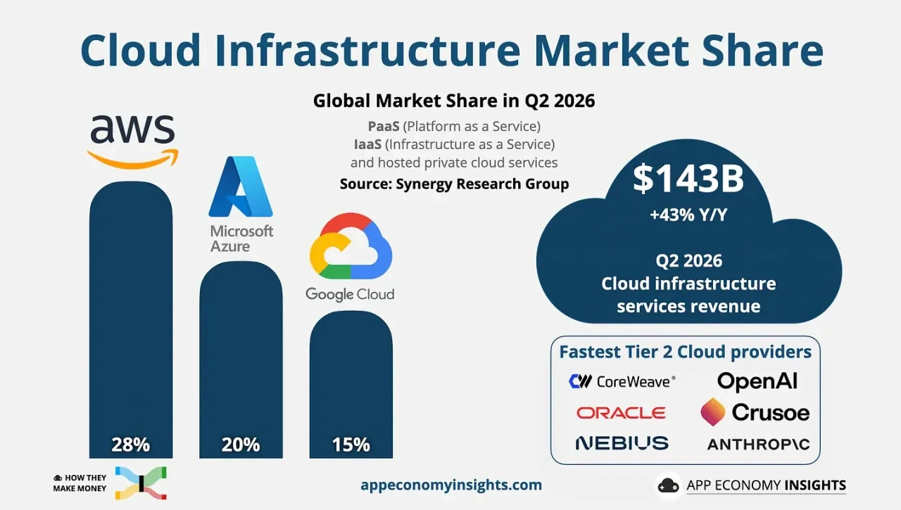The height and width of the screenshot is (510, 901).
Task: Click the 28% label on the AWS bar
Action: click(131, 445)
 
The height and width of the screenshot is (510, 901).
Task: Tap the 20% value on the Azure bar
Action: click(241, 445)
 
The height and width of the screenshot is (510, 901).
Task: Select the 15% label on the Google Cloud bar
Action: click(351, 445)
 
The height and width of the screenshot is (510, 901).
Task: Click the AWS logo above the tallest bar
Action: click(133, 141)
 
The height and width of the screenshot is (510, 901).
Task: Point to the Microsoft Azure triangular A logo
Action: click(241, 186)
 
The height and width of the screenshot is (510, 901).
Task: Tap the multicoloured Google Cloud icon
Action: click(351, 246)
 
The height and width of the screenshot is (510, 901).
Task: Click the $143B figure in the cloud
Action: click(688, 179)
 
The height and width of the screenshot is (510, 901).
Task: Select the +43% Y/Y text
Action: click(688, 215)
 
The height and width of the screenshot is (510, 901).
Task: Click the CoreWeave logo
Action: click(622, 381)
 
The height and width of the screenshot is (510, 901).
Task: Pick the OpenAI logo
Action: click(757, 381)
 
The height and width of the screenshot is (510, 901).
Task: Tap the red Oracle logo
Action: click(621, 413)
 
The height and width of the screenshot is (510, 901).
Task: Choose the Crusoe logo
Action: click(755, 412)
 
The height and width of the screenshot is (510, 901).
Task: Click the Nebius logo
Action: click(622, 443)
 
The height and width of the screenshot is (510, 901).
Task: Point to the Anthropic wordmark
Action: click(759, 444)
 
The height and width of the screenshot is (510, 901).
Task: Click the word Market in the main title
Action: click(612, 50)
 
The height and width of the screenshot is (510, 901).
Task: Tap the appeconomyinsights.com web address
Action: click(451, 485)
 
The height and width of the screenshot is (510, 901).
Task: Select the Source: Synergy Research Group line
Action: click(454, 184)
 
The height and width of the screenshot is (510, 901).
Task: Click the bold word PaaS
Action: click(384, 127)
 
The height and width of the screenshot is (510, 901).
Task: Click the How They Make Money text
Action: click(80, 483)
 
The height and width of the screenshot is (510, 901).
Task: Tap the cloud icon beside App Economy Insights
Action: click(668, 485)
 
